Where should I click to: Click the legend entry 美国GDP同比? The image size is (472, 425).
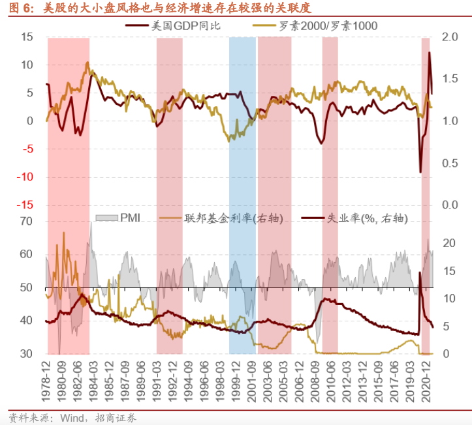182,25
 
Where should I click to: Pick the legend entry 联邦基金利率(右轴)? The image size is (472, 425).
233,218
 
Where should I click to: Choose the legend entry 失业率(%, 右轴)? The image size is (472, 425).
366,218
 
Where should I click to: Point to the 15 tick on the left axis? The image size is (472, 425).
26,37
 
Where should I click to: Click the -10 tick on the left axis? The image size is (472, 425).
24,177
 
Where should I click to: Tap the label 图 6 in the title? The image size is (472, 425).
18,8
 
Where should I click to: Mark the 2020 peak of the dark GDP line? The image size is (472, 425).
430,53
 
